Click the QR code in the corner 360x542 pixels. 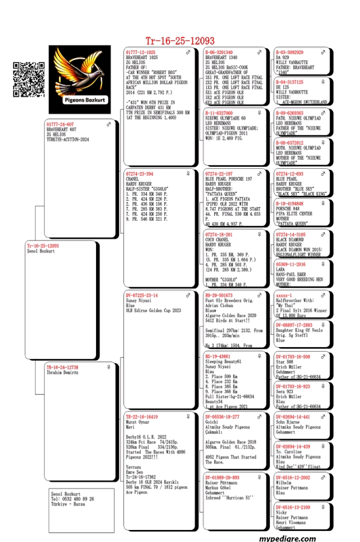point(28,79)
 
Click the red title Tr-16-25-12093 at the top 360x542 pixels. point(180,41)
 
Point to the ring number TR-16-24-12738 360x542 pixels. point(62,367)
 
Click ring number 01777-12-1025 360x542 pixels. point(140,52)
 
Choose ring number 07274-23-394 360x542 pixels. point(139,174)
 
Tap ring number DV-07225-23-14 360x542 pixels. point(142,296)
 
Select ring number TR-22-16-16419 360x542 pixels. point(142,417)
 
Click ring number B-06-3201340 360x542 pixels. point(219,52)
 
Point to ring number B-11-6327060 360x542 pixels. point(219,113)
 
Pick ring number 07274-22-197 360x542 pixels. point(218,174)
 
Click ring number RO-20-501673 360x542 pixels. point(219,296)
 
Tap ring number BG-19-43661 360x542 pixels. point(217,356)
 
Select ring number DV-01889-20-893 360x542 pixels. point(222,478)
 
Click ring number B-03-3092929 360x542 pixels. point(289,52)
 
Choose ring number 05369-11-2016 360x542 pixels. point(291,264)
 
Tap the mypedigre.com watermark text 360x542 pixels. point(287,538)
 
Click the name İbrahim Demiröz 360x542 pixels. point(62,373)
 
